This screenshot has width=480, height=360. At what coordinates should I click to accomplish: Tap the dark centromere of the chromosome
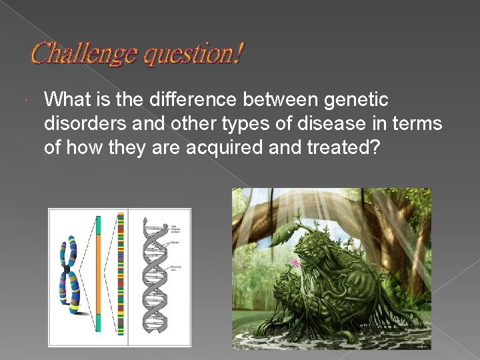point(67,269)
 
